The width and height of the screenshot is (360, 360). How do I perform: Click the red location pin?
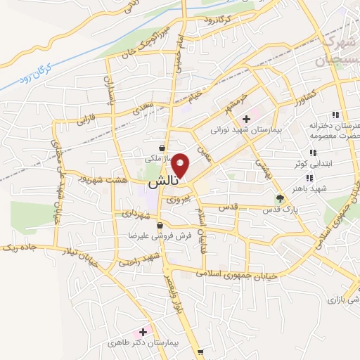point(181,165)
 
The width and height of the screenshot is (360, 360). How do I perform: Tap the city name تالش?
point(162,182)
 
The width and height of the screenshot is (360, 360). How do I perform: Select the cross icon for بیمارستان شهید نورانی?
point(246,120)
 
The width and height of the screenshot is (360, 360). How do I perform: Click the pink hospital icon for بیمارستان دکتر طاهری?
point(143,331)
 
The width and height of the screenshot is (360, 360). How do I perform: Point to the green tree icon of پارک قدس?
point(281,198)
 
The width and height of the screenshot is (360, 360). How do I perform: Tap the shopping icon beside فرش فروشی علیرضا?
point(160,226)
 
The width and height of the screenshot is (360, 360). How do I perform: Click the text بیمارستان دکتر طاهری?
point(144,344)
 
